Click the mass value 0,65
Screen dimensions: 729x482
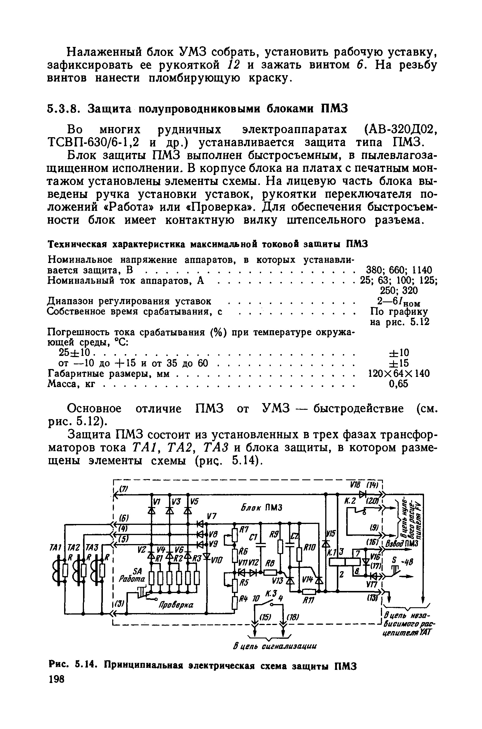(398, 384)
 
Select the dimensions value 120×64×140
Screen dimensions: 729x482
(399, 374)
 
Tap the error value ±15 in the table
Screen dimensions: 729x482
(399, 363)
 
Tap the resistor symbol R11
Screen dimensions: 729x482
(309, 592)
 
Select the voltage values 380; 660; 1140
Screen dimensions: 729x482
(399, 270)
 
